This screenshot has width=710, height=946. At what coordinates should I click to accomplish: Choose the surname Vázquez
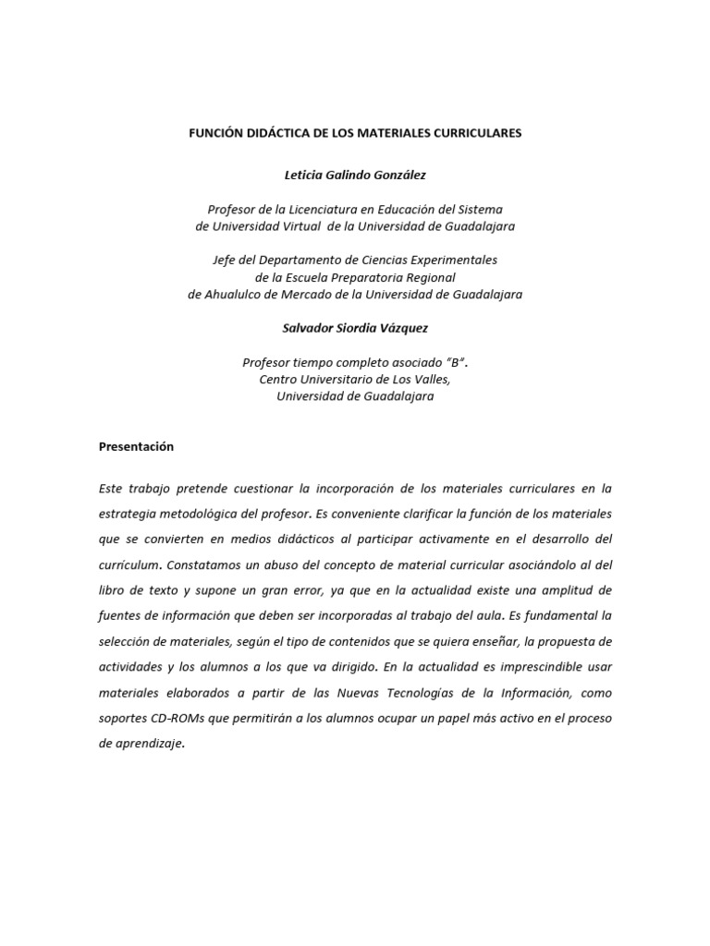pos(404,328)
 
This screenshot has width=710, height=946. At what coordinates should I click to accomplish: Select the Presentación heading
pos(136,446)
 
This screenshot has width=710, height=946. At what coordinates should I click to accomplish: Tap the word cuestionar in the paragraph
pos(260,488)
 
